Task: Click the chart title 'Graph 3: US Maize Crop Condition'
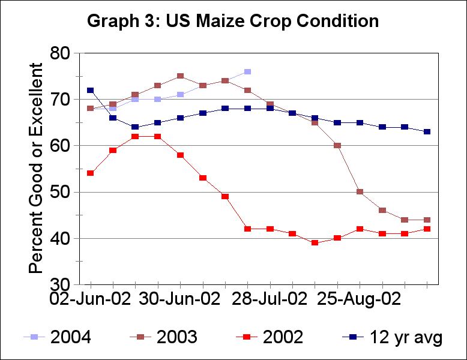[x=233, y=21]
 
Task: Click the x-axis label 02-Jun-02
[x=90, y=299]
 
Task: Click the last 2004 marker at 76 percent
[x=247, y=72]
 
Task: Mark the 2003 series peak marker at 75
[x=180, y=76]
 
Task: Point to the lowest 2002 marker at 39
[x=315, y=243]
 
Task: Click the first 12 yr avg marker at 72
[x=90, y=90]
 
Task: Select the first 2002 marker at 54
[x=90, y=173]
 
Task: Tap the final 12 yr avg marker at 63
[x=427, y=132]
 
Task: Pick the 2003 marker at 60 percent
[x=337, y=146]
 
